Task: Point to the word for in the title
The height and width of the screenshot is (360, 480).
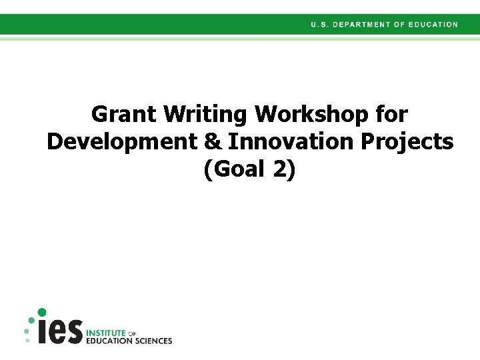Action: pyautogui.click(x=391, y=115)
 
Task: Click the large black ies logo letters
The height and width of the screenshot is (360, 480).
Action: pyautogui.click(x=61, y=331)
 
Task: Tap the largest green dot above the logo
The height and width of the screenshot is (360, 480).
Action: pyautogui.click(x=41, y=312)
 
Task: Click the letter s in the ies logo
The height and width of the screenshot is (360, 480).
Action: pyautogui.click(x=74, y=332)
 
